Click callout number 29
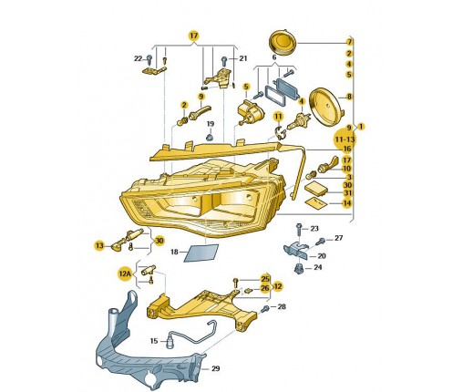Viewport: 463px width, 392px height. click(x=215, y=368)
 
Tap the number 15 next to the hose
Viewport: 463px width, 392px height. click(x=154, y=341)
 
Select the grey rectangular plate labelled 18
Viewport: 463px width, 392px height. click(x=201, y=253)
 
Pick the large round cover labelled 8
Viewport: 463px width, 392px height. click(x=326, y=106)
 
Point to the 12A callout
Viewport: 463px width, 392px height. click(x=125, y=274)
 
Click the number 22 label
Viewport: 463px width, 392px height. click(x=139, y=58)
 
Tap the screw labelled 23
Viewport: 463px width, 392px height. click(x=299, y=230)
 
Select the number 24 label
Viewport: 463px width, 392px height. click(x=318, y=267)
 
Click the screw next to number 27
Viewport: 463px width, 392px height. click(x=321, y=242)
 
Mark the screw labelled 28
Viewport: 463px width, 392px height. click(x=264, y=309)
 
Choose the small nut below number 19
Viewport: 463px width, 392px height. click(x=210, y=138)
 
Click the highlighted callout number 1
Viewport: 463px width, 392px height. click(x=361, y=127)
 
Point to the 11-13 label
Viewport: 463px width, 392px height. click(x=345, y=139)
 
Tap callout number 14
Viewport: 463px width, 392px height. click(x=347, y=203)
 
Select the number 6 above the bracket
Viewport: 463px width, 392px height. click(x=274, y=57)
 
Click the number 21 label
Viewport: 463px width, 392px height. click(x=243, y=58)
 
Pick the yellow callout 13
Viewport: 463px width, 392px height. click(x=99, y=245)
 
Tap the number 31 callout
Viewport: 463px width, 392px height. click(x=347, y=193)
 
